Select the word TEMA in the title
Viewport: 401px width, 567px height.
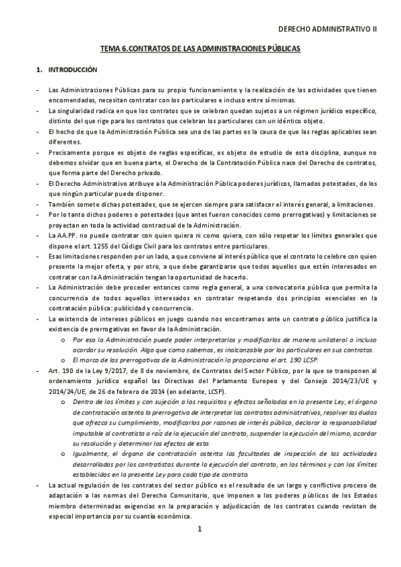pos(108,49)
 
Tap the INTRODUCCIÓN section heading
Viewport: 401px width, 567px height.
pos(72,70)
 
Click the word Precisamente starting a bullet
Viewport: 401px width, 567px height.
pos(68,152)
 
